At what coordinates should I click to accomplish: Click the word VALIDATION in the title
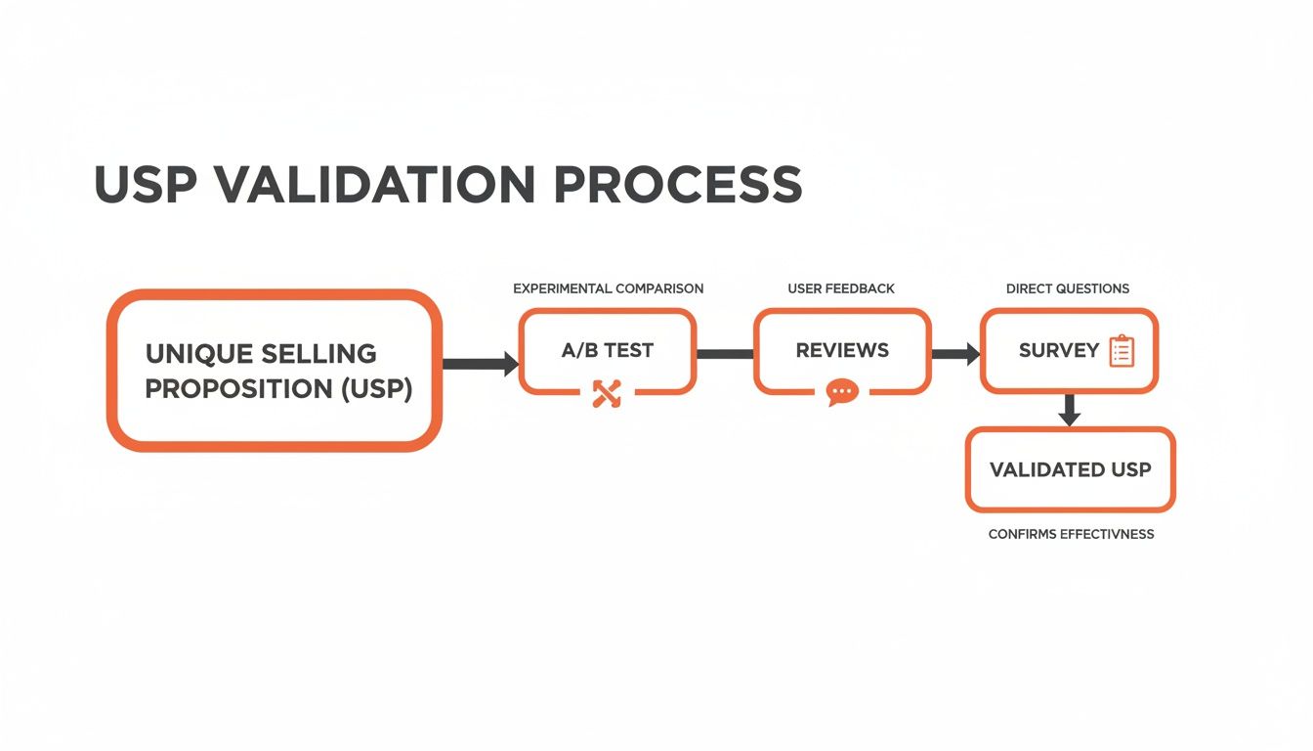coord(375,184)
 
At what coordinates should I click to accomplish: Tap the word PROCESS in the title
coord(677,184)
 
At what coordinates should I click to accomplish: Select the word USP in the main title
coord(148,184)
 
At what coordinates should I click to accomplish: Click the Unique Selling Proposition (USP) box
coord(275,371)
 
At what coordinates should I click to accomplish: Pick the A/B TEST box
coord(607,350)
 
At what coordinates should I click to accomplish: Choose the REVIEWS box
coord(842,350)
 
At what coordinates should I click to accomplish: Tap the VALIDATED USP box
coord(1070,469)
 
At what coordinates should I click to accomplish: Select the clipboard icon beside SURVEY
coord(1122,351)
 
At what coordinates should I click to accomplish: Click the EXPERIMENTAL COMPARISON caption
coord(608,288)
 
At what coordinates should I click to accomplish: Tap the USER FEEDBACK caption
coord(841,288)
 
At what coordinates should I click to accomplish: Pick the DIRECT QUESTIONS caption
coord(1068,288)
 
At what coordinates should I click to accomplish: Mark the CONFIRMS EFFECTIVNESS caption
coord(1071,534)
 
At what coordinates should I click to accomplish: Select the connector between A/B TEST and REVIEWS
coord(725,353)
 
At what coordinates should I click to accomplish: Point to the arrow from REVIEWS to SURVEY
coord(955,353)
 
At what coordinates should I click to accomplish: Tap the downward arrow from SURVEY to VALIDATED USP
coord(1070,410)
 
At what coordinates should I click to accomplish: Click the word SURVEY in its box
coord(1059,350)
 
